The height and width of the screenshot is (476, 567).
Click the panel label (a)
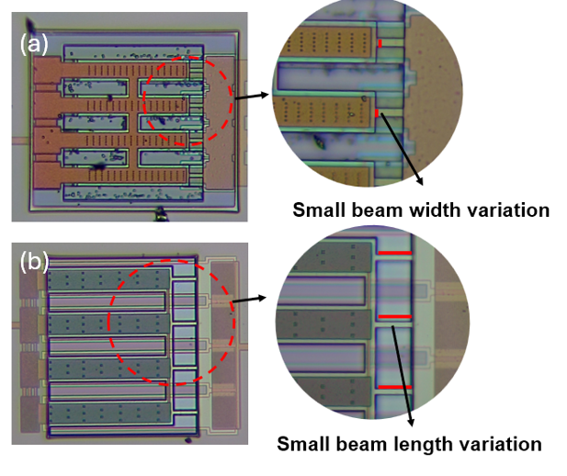click(x=34, y=45)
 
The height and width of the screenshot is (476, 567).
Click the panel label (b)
click(x=34, y=262)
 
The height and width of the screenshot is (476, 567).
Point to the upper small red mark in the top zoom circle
click(x=380, y=43)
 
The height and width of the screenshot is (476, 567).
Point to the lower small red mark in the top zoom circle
click(x=377, y=113)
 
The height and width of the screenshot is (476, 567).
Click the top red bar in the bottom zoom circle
click(x=395, y=253)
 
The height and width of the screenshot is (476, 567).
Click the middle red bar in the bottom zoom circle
click(x=395, y=317)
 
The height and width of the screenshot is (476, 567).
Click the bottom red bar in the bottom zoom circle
click(x=395, y=387)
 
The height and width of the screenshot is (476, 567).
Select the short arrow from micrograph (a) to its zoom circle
click(x=252, y=96)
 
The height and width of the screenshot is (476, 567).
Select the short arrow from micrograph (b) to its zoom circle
click(x=250, y=300)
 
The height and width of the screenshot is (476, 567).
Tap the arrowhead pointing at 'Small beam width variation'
click(x=419, y=181)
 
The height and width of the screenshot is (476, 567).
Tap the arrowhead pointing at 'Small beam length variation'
click(x=411, y=422)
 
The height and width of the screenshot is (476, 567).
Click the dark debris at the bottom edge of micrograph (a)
click(x=160, y=214)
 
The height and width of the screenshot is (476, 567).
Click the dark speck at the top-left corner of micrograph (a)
click(x=30, y=24)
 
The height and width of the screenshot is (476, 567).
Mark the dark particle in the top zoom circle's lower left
click(x=319, y=142)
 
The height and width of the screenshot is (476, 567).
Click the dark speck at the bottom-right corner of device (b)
click(x=188, y=440)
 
